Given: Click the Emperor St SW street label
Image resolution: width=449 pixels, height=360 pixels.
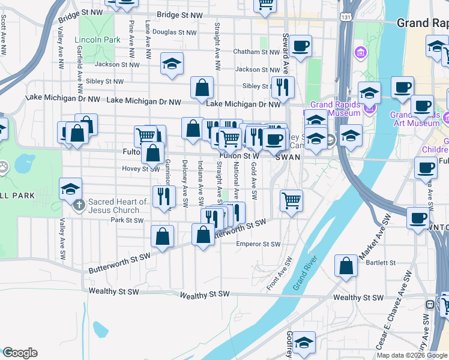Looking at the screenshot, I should (x=259, y=244).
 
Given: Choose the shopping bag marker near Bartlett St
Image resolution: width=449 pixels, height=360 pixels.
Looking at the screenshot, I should (x=346, y=266).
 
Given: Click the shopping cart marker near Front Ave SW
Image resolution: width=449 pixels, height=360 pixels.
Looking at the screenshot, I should (x=291, y=200).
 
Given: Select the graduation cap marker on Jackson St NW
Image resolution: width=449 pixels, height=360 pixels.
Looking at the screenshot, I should (x=172, y=64).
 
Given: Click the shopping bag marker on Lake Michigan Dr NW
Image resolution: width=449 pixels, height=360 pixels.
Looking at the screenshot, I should (x=202, y=88).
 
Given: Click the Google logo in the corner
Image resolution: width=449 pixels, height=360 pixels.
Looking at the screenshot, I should (x=19, y=353).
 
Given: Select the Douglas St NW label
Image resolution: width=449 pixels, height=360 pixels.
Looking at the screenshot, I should (x=172, y=32).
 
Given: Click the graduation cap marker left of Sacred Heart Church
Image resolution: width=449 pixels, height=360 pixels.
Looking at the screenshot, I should (x=70, y=188).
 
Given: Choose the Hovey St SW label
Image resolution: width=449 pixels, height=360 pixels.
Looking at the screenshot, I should (x=122, y=169).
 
